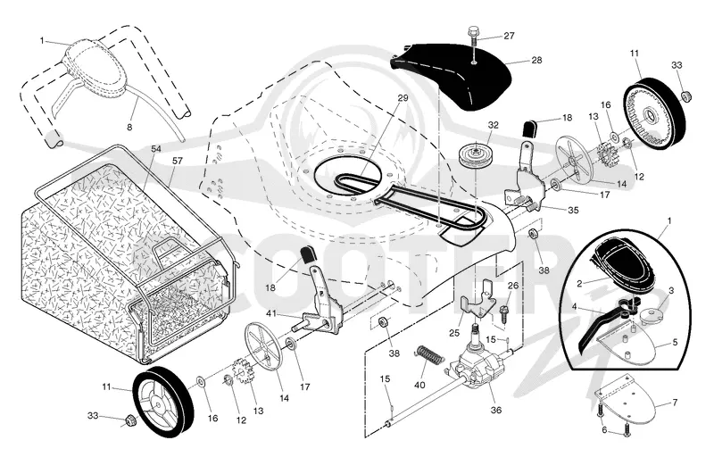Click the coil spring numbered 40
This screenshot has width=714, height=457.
point(429,355)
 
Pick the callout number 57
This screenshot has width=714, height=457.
point(177,161)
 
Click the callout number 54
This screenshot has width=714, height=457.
point(156,149)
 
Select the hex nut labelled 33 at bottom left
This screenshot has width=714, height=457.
point(129,420)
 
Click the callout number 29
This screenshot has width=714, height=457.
point(403,97)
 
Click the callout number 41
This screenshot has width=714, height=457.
point(271,313)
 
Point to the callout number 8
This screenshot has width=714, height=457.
point(129,128)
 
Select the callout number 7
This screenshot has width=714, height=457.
point(675,403)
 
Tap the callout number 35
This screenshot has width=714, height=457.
point(573,211)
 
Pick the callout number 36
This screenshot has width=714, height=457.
point(496,410)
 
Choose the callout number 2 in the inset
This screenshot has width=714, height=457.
point(579,284)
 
